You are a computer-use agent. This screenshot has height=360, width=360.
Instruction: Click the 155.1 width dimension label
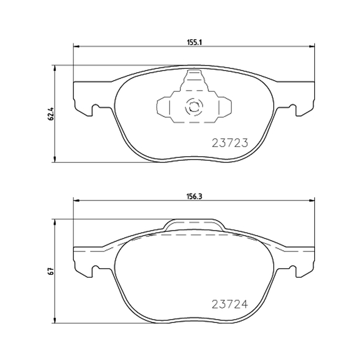pos(194,42)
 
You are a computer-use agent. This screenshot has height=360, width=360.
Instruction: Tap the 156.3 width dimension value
pos(194,197)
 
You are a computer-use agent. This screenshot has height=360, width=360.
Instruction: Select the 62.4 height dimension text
pos(51,114)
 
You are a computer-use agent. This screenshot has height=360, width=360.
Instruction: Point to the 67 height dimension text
pos(51,271)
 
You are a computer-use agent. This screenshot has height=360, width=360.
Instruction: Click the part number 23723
pos(230,143)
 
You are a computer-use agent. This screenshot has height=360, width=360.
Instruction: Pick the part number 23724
pos(230,304)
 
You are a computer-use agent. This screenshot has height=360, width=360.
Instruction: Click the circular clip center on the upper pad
pos(194,107)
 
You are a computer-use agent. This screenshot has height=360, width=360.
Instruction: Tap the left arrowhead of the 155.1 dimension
pos(76,47)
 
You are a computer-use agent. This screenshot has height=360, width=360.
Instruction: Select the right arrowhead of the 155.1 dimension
pos(312,47)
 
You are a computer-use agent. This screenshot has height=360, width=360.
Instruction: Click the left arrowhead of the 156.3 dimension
pos(76,201)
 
